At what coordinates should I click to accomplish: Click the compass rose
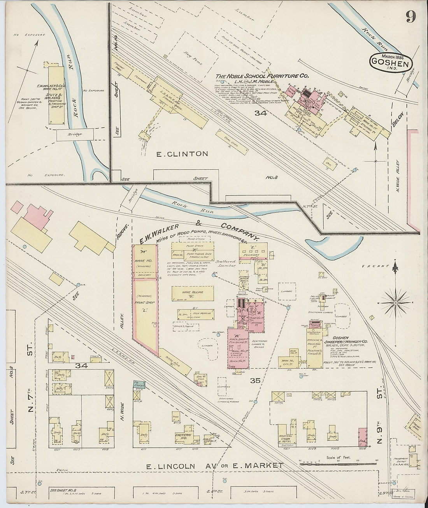click(395, 302)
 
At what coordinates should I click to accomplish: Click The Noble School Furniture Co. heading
click(263, 76)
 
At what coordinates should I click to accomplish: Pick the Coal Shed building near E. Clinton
click(225, 139)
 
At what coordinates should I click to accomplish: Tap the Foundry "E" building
click(253, 251)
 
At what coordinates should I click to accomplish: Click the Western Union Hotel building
click(288, 438)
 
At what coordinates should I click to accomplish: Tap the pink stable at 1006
click(362, 437)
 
